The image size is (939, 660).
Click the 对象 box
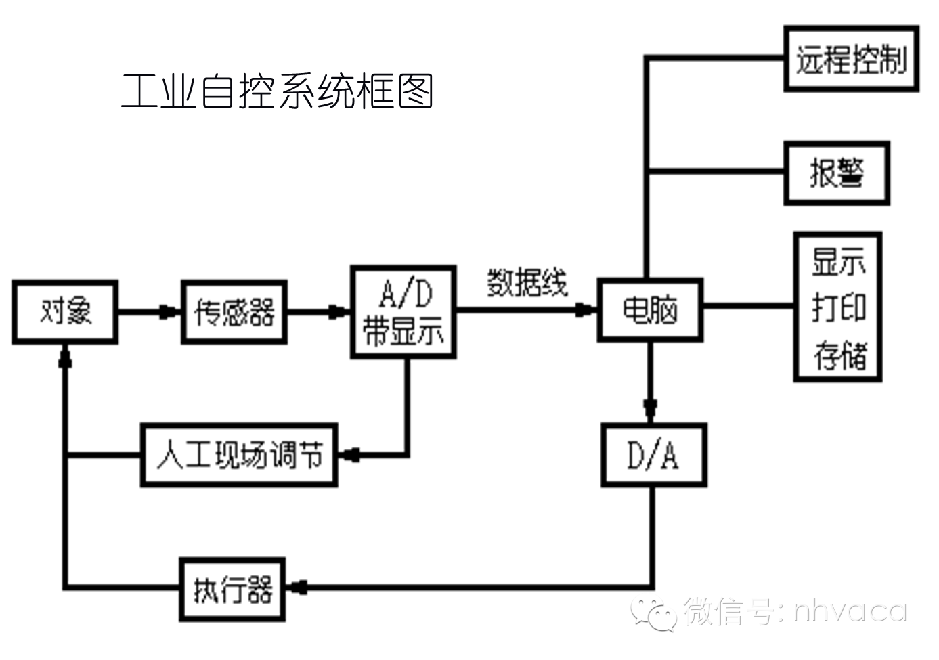point(65,312)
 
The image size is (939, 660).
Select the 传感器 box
point(234,312)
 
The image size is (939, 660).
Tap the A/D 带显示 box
point(403,311)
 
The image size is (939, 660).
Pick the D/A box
point(653,455)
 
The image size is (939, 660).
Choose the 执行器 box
point(232,589)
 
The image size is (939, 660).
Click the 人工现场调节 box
point(239,455)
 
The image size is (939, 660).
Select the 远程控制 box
point(851,60)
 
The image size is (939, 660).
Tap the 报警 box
point(836,173)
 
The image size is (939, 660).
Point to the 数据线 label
point(527,282)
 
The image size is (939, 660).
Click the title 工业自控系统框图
point(277,91)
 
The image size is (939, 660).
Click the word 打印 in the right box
point(838,308)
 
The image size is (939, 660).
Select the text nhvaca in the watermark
point(850,611)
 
